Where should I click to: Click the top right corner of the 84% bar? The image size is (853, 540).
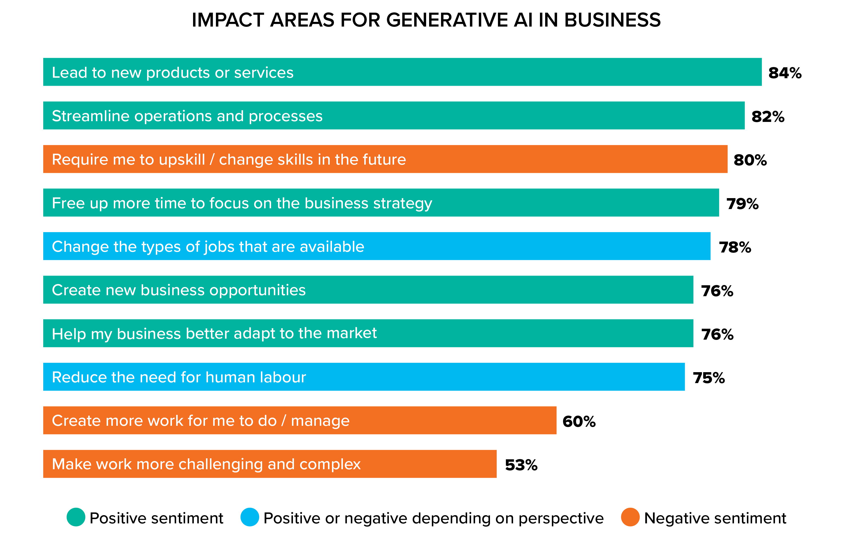coord(762,58)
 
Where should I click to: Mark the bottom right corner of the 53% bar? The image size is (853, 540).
coord(496,477)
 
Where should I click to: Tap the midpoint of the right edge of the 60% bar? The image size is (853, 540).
coord(556,420)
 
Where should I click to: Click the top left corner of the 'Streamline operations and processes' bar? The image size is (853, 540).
coord(43,102)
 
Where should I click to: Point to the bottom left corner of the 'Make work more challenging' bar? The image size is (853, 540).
coord(43,477)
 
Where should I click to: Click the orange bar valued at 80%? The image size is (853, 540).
coord(385,159)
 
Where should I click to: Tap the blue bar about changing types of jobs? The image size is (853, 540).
coord(377,246)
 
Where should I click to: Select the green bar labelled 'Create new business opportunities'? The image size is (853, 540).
coord(368,290)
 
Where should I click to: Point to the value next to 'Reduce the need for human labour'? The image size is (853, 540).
coord(709,378)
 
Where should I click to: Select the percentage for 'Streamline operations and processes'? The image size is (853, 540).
coord(768,117)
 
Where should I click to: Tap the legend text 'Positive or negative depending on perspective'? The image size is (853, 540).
coord(434,518)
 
